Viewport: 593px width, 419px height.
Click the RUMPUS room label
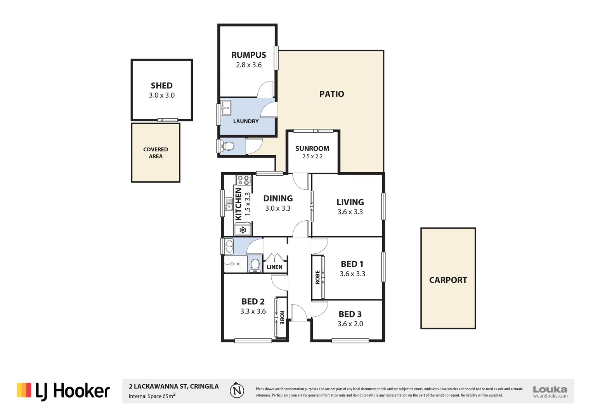click(249, 55)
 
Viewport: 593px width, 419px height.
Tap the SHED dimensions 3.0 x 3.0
click(162, 95)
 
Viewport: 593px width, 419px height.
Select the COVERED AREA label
click(156, 153)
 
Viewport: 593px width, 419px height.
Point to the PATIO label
click(331, 94)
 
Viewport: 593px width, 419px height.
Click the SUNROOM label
click(312, 149)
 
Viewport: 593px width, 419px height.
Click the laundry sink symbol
click(226, 108)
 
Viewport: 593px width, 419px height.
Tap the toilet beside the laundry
click(228, 146)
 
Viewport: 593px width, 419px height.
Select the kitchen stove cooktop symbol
click(244, 180)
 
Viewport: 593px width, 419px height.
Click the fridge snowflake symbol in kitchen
click(243, 230)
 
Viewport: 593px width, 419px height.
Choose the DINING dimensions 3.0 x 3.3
click(278, 208)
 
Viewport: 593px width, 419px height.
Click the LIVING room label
click(350, 202)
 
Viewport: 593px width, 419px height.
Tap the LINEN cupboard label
click(275, 267)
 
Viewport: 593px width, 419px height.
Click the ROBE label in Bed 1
click(317, 277)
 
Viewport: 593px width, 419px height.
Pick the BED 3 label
click(350, 314)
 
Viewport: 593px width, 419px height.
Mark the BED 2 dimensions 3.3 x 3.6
click(253, 312)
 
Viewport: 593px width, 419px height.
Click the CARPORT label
click(448, 280)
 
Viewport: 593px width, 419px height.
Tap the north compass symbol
click(237, 391)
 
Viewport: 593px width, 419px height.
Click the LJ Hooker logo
click(63, 391)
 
